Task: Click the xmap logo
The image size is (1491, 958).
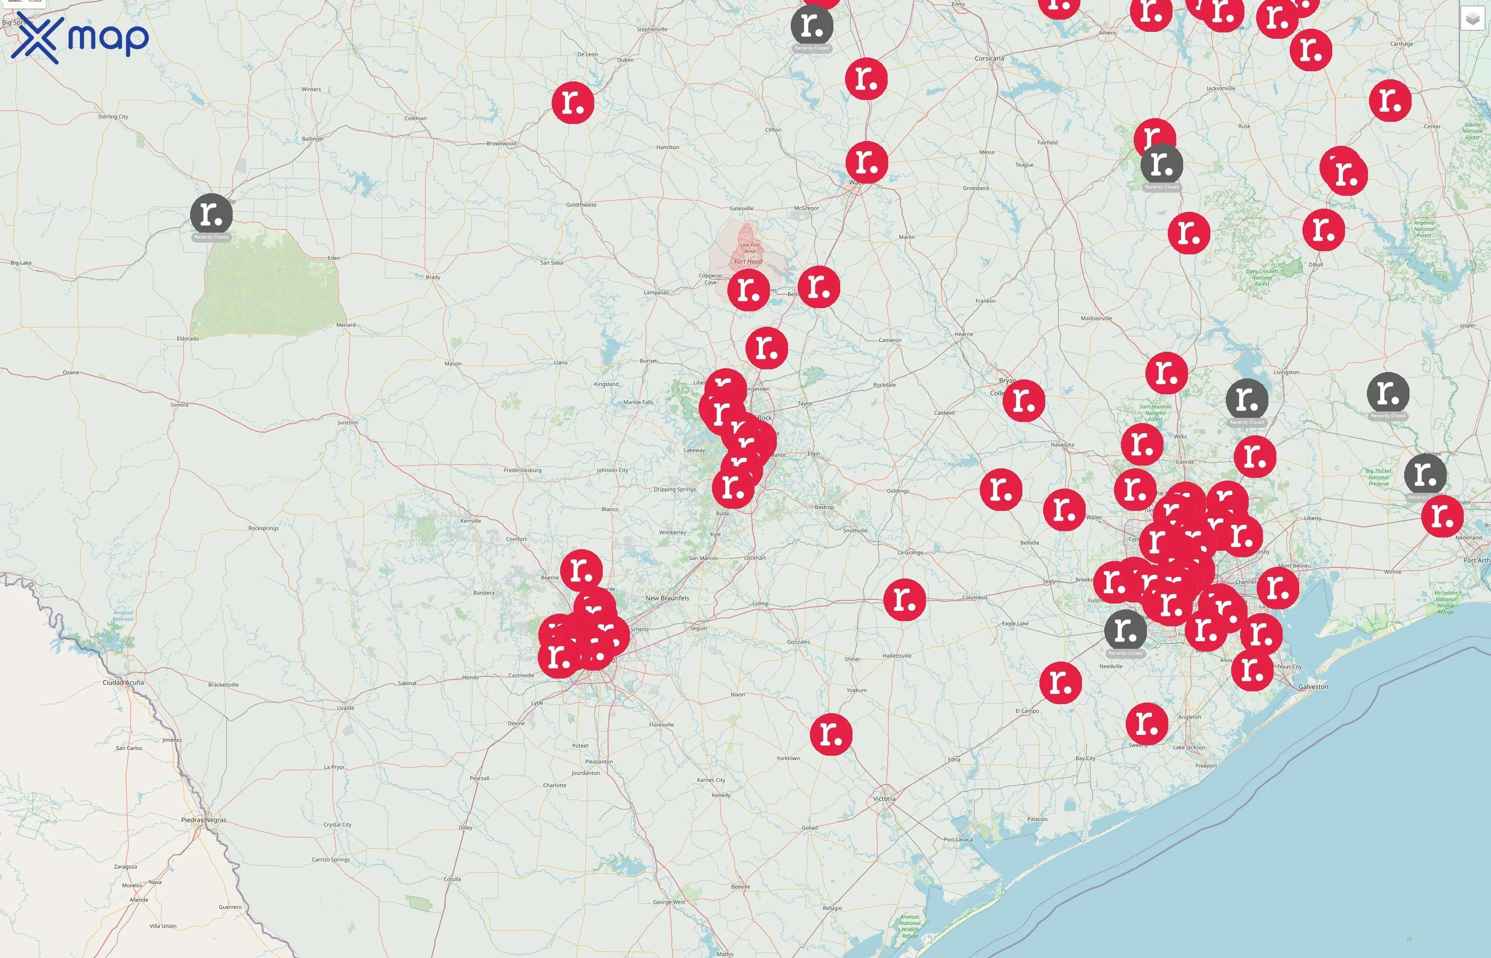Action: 80,38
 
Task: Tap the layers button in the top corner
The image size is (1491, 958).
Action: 1472,19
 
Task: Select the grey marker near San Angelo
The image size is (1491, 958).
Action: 211,214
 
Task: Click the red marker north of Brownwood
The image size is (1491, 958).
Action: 572,103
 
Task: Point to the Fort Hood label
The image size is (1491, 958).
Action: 748,261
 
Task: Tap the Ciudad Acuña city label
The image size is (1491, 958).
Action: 122,682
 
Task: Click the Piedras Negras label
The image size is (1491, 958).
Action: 203,820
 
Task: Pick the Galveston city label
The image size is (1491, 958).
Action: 1313,687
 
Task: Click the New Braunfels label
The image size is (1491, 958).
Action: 667,598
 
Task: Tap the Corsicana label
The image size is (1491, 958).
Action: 989,59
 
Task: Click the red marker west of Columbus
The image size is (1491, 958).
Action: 904,600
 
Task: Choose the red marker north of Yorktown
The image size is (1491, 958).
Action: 831,734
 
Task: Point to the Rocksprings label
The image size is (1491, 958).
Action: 263,528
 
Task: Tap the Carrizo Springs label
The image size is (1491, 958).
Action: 331,860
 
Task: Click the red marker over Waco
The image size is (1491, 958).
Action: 866,162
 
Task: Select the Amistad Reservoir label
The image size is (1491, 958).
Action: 123,616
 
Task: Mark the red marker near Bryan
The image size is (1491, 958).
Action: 1023,401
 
